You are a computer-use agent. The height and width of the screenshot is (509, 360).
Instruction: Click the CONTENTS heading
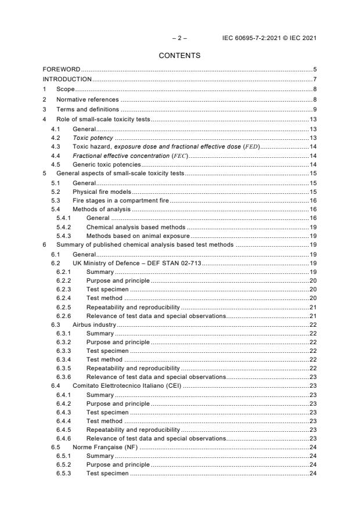pyautogui.click(x=179, y=56)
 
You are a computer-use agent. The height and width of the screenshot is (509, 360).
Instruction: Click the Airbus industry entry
pyautogui.click(x=94, y=325)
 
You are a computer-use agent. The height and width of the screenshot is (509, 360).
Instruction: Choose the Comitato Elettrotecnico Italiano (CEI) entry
pyautogui.click(x=127, y=386)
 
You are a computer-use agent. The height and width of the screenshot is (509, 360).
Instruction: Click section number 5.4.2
pyautogui.click(x=64, y=228)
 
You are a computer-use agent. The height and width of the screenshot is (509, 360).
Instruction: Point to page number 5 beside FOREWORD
pyautogui.click(x=314, y=70)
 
